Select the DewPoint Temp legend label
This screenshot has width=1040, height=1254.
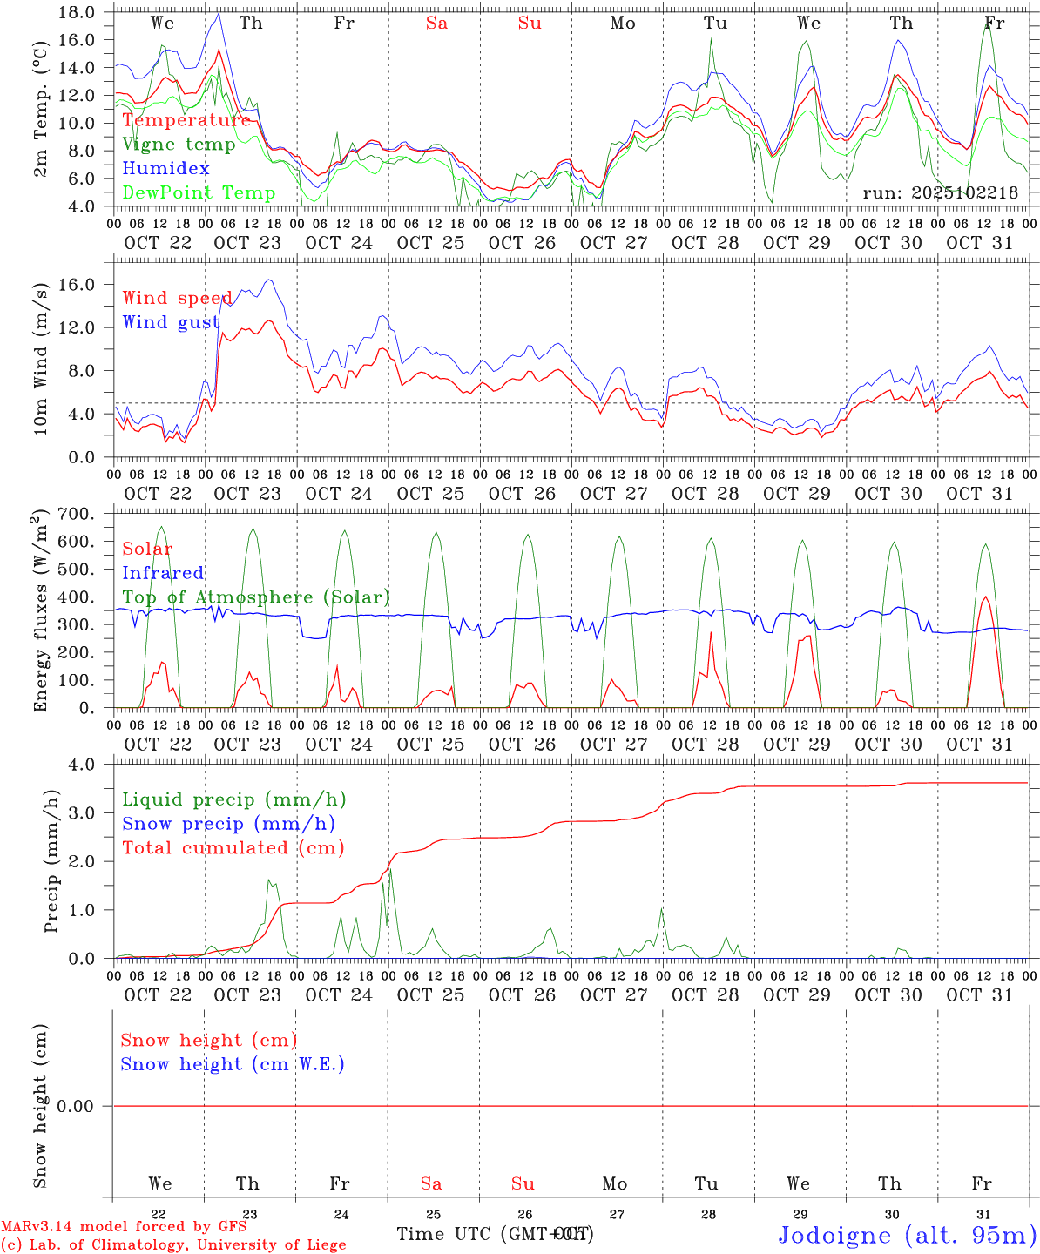pyautogui.click(x=199, y=192)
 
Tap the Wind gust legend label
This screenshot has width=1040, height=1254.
pyautogui.click(x=171, y=322)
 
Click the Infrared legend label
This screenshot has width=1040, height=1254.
pyautogui.click(x=163, y=573)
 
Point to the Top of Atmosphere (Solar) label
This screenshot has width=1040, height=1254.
pyautogui.click(x=256, y=597)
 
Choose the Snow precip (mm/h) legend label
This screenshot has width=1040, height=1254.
pyautogui.click(x=228, y=824)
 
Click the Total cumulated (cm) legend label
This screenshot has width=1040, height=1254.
pyautogui.click(x=233, y=847)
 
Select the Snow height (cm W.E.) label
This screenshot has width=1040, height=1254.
pyautogui.click(x=233, y=1064)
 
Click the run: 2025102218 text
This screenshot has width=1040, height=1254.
pyautogui.click(x=940, y=192)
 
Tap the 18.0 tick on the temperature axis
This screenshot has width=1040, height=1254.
pyautogui.click(x=79, y=12)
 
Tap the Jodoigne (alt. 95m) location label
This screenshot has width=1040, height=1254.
pyautogui.click(x=906, y=1235)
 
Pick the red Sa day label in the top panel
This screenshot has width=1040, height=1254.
pyautogui.click(x=436, y=24)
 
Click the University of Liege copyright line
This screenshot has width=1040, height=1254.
pyautogui.click(x=173, y=1244)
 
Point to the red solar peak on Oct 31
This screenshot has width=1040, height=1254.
pyautogui.click(x=985, y=597)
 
